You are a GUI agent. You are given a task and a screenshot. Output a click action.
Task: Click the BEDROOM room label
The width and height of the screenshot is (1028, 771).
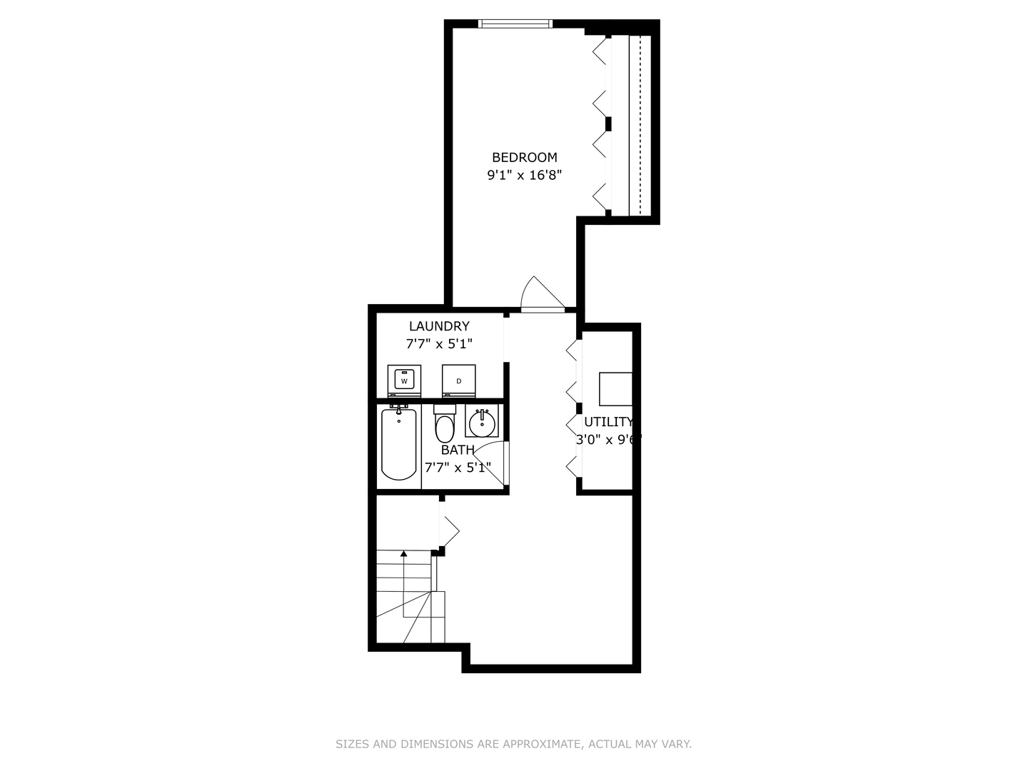point(525,158)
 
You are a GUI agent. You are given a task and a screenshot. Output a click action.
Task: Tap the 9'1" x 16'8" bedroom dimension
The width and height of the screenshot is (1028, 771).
point(525,175)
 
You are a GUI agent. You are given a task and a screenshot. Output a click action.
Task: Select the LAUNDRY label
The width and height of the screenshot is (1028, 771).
point(439,326)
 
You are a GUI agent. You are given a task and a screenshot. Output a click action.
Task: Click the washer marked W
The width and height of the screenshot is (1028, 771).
point(404,381)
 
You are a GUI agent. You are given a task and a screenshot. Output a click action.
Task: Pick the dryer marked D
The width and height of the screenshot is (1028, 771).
point(458,381)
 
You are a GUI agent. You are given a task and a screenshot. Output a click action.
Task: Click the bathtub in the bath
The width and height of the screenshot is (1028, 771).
point(398,444)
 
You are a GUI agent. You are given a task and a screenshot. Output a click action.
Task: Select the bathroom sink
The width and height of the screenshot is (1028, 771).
point(482,423)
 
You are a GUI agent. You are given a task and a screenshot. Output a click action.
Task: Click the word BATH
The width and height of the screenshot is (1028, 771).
point(458,450)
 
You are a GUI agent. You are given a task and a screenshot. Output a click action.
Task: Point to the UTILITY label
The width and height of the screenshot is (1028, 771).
point(608,422)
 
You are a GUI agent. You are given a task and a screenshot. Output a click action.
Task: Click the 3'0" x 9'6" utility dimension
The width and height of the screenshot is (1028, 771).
point(608,440)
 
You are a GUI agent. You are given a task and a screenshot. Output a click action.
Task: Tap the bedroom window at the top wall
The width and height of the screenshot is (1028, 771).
point(515,24)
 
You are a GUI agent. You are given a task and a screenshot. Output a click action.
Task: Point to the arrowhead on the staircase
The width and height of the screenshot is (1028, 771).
point(404,553)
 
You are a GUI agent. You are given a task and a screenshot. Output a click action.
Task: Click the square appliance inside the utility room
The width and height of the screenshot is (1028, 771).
point(615,389)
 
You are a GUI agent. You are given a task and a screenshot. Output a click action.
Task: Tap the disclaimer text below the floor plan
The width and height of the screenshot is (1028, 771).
point(513,744)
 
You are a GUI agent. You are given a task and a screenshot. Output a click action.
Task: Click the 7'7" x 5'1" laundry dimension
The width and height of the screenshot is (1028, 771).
point(439,344)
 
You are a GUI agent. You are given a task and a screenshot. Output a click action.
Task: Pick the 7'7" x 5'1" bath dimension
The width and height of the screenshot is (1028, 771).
point(458,468)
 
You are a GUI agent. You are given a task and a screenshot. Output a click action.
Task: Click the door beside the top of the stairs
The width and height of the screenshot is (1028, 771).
point(450,530)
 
